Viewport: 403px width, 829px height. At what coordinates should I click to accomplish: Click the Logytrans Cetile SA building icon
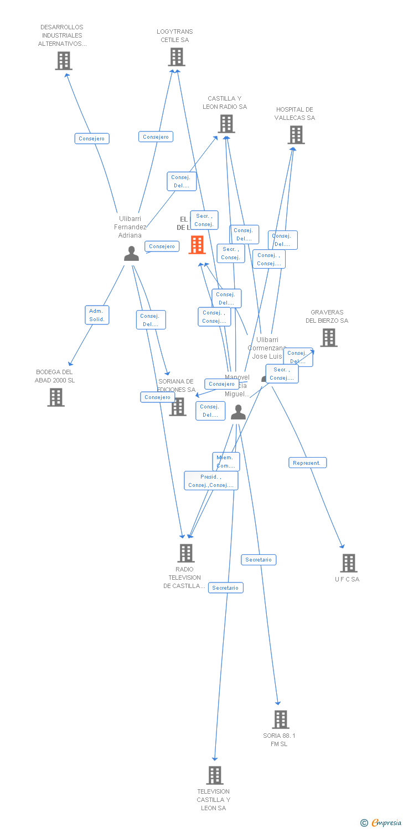coord(177,57)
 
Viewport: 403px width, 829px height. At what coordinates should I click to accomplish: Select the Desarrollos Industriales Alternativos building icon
coord(64,61)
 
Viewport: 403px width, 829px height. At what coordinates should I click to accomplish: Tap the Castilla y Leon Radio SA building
coord(226,124)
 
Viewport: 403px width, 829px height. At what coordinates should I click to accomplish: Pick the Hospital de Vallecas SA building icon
coord(296,135)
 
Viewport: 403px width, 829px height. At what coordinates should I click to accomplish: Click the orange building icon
coord(197,245)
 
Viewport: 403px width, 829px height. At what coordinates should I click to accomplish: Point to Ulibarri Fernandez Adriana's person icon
coord(131,253)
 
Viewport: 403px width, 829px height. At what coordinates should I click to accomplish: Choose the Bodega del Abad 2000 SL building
coord(55,397)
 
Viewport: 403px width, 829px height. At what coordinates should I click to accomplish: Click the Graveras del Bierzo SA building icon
coord(328,338)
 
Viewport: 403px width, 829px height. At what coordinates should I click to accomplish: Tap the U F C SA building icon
coord(348,563)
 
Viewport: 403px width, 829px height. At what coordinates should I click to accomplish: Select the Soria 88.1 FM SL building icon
coord(281,720)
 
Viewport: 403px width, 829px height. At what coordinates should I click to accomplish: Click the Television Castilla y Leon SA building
coord(215,775)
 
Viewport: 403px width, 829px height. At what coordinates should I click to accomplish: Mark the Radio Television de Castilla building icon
coord(185,553)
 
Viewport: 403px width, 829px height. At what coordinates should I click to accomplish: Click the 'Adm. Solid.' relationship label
coord(97,315)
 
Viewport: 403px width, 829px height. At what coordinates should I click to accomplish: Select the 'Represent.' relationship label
coord(307,463)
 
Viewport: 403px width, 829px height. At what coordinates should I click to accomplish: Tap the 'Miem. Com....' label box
coord(225,461)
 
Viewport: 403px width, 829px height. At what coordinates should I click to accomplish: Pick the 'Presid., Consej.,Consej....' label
coord(211,481)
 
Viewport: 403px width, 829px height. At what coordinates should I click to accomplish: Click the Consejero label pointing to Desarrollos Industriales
coord(92,139)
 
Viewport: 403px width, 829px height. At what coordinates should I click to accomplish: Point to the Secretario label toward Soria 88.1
coord(259,560)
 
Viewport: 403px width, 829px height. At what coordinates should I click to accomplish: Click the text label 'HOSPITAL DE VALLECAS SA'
coord(294,114)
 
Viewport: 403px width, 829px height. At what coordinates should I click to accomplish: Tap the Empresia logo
coord(381,823)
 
